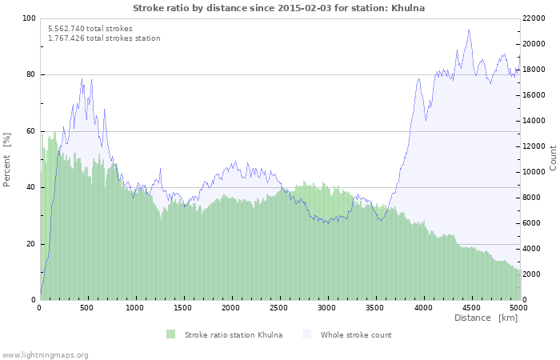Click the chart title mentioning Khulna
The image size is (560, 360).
coord(278,8)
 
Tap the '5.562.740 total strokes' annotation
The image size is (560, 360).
coord(90,28)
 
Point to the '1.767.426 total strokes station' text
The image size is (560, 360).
coord(104,38)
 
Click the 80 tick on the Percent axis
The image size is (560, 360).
coord(30,75)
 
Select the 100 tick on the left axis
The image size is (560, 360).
coord(28,18)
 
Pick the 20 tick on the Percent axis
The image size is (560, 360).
coord(30,244)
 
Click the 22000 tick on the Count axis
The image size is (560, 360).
coord(535,18)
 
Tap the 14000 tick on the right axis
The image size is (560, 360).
coord(535,121)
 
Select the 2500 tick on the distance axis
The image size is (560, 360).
coord(278,307)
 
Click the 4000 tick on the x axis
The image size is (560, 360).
coord(422,307)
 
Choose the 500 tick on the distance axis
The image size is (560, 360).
coord(87,307)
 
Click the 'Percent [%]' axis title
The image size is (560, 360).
coord(7,159)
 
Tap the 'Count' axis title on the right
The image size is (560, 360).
coord(553,158)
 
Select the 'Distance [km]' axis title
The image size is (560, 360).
coord(486,318)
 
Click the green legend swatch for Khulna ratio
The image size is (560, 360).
coord(170,334)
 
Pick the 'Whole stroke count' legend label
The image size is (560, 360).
coord(356,334)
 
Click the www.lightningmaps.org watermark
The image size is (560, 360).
coord(45,354)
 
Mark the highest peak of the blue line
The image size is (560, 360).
coord(469,30)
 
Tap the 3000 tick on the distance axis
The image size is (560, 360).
coord(326,307)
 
